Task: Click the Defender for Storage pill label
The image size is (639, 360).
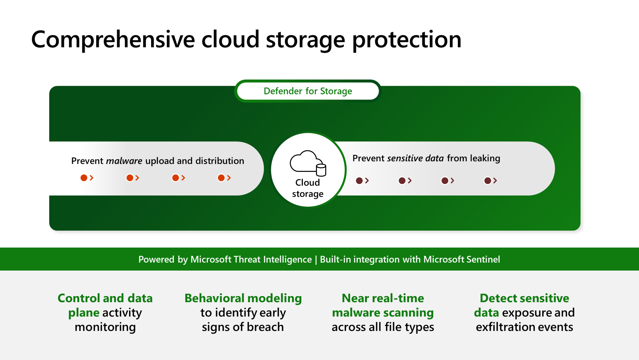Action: [x=308, y=91]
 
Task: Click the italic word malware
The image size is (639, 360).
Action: [x=124, y=161]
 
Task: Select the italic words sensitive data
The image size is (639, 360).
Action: [x=415, y=158]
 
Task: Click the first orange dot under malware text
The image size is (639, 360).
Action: [x=84, y=178]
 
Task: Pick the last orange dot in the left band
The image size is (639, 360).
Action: [x=221, y=178]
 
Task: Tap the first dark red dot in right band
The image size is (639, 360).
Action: [x=359, y=181]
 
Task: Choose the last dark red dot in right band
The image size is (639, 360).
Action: [x=487, y=181]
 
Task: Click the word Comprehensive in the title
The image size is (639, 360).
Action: [x=113, y=40]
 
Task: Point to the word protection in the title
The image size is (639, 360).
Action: [x=407, y=40]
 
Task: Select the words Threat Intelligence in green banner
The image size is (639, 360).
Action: [x=272, y=260]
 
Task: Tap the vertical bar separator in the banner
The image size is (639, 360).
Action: [x=316, y=260]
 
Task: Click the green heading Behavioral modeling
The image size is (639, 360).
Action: [x=243, y=298]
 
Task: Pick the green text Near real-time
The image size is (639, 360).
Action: [x=383, y=298]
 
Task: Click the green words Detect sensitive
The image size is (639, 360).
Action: [x=524, y=298]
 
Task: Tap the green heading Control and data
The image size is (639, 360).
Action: [x=105, y=298]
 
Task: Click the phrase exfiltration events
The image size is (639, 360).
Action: [x=524, y=327]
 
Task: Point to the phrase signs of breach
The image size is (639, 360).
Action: [x=243, y=327]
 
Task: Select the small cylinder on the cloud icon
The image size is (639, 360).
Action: [x=321, y=170]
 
